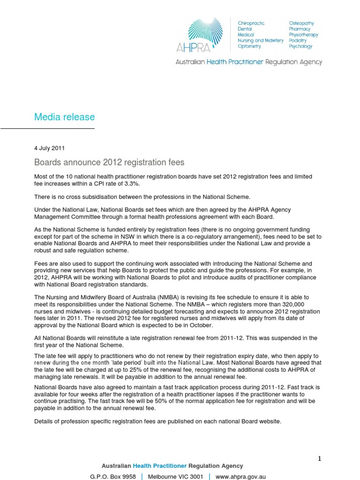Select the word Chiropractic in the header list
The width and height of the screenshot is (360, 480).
point(252,23)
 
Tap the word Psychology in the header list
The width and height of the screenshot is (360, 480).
point(301,46)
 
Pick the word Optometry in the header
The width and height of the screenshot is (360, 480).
point(250,46)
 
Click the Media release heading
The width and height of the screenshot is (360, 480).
point(64,117)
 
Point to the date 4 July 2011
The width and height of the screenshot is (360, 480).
point(50,148)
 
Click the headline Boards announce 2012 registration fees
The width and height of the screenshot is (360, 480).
point(109,163)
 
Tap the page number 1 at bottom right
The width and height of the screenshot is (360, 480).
point(319,458)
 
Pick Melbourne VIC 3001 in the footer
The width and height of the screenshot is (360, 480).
point(175,476)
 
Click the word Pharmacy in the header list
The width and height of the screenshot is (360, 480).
point(299,29)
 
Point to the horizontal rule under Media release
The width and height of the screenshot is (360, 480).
point(47,128)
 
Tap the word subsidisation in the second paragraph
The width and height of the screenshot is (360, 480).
point(101,197)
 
